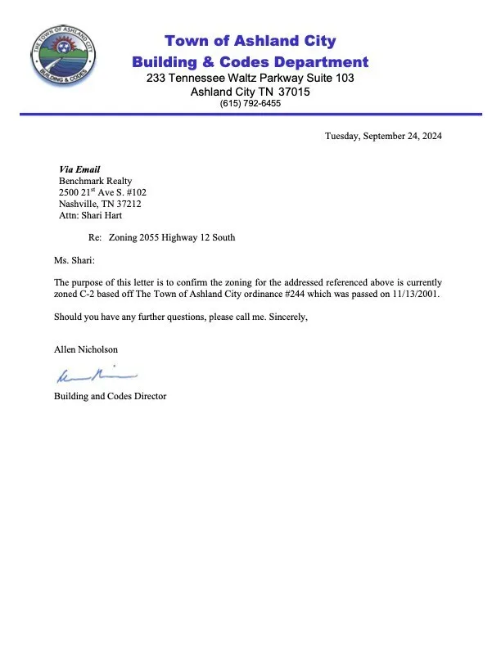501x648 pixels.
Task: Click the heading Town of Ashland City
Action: point(250,41)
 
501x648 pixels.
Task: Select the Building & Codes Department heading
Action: point(250,61)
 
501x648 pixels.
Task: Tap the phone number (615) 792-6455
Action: point(250,104)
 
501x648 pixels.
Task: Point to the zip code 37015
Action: point(293,92)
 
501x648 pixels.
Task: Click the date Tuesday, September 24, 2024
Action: point(383,137)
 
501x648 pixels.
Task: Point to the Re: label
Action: point(94,238)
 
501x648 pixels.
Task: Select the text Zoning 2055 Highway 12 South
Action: point(172,238)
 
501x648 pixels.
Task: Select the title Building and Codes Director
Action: point(110,396)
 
